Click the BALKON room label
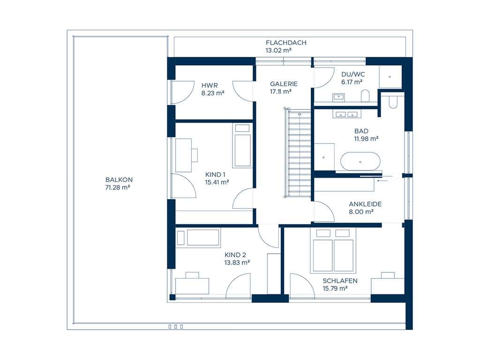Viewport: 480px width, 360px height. [x=119, y=180]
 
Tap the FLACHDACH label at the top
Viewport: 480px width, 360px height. [x=286, y=43]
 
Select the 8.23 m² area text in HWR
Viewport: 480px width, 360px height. [x=213, y=93]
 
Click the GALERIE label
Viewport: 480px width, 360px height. [x=284, y=84]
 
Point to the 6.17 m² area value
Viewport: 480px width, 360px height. [x=352, y=82]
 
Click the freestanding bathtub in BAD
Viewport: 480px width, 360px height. [x=360, y=161]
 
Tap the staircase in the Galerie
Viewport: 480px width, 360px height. [x=298, y=153]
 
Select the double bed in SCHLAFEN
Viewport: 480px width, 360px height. [x=333, y=251]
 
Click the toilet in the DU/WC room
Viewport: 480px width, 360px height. [x=365, y=96]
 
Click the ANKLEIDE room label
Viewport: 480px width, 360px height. [x=365, y=204]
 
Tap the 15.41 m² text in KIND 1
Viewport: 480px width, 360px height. [x=217, y=182]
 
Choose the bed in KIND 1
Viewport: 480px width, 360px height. [x=242, y=146]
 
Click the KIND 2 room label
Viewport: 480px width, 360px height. [x=235, y=255]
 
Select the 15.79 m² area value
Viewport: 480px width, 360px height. [x=335, y=288]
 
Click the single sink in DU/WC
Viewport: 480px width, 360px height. [x=338, y=97]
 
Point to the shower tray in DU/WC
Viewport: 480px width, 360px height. [x=390, y=77]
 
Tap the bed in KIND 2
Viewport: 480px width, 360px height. [x=199, y=237]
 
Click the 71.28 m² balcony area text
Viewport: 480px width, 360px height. [x=118, y=187]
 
